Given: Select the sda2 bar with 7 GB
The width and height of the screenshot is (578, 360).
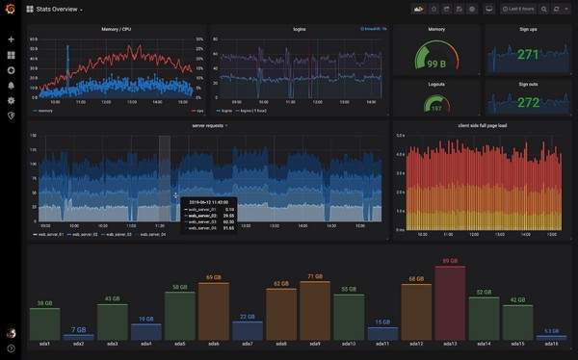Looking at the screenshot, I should (x=78, y=336).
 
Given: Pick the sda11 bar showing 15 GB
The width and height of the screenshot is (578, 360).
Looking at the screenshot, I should (x=382, y=333).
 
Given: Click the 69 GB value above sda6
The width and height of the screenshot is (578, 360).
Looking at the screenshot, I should (x=214, y=277).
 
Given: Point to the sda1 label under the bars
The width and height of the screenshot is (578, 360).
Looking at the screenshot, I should (x=44, y=344).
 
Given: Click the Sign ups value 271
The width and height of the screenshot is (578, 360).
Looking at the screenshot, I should (x=527, y=55).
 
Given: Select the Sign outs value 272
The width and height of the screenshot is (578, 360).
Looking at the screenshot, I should (x=527, y=101).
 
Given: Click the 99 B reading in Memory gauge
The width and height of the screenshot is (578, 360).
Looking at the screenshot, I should (x=435, y=64).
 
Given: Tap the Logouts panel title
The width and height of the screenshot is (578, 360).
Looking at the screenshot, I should (x=435, y=84).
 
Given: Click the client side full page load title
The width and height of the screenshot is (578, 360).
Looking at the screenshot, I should (x=482, y=125).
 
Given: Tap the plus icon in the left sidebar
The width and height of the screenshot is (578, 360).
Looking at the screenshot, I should (x=11, y=39).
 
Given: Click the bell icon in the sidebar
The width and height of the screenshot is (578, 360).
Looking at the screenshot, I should (x=11, y=85).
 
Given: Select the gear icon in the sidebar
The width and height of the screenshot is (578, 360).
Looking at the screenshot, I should (x=11, y=100).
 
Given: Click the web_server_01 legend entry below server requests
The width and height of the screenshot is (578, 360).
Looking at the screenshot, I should (x=47, y=234).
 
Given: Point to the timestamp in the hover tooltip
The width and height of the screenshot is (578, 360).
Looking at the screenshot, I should (x=209, y=201).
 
